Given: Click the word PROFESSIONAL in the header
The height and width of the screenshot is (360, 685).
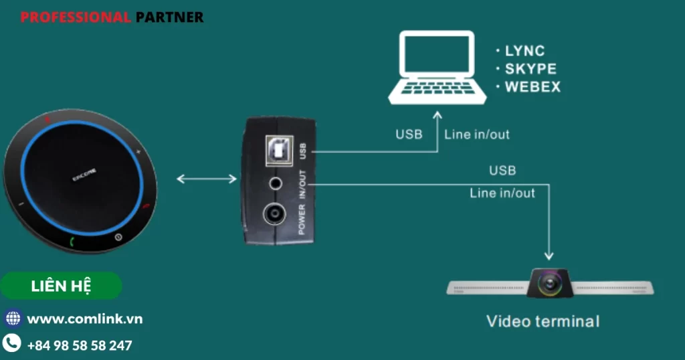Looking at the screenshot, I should pos(76,17).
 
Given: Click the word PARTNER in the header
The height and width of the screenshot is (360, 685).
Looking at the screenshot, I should pos(170,17).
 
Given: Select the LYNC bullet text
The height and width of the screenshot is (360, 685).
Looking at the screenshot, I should pos(524,51).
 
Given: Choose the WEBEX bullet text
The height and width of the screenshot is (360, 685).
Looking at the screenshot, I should pos(532,87).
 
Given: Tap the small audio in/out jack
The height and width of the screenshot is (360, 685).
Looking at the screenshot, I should pos(275,183).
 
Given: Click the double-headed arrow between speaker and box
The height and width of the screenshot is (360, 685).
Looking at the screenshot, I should pos(207,179).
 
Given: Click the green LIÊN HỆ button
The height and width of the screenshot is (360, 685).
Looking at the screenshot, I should pos(62,286).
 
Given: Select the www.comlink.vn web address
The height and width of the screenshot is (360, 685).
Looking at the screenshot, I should pos(84,319).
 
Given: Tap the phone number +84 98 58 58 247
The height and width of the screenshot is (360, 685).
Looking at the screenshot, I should pos(80,346).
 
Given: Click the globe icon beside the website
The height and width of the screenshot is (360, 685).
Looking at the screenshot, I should pos(13,319).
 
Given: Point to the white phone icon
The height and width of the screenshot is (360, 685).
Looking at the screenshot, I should pos(13,345).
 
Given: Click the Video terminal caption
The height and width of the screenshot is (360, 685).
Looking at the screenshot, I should pos(543,321).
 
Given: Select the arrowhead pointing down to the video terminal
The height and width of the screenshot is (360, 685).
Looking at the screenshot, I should pos(549,255).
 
